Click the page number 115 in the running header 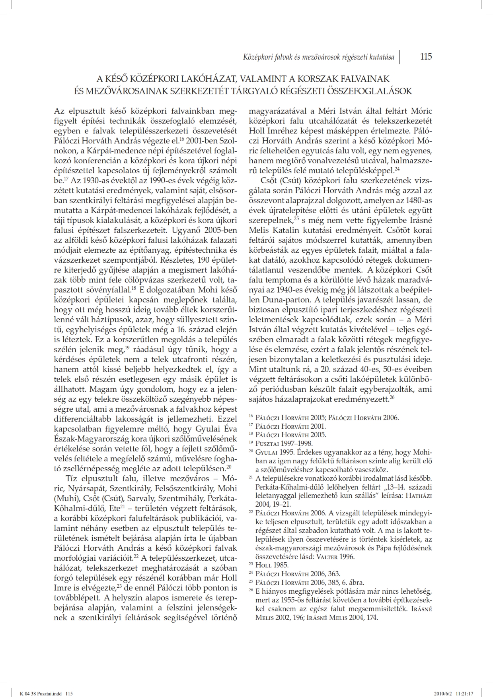(426, 56)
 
